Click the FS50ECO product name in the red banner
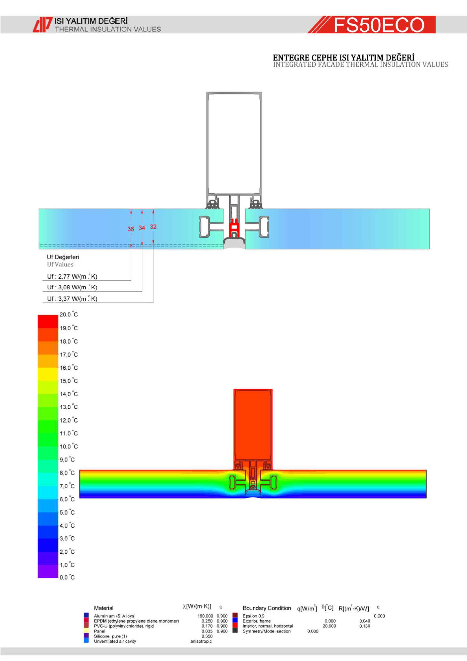[x=379, y=25]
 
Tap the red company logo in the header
[x=43, y=25]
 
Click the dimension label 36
[x=131, y=229]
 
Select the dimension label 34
[x=142, y=228]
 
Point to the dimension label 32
[x=153, y=227]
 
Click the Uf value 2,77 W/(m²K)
[x=72, y=276]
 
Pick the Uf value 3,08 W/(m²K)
[x=72, y=287]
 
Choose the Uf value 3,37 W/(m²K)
[x=72, y=299]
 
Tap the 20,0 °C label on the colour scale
[x=69, y=314]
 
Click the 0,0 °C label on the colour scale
[x=67, y=577]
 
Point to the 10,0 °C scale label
[x=69, y=447]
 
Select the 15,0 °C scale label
[x=69, y=381]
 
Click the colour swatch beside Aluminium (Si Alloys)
[x=86, y=615]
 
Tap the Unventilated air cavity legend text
[x=115, y=641]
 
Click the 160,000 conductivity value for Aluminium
[x=205, y=616]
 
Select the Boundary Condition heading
[x=267, y=608]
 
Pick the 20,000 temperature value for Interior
[x=329, y=626]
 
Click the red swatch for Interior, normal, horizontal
[x=235, y=625]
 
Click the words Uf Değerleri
[x=63, y=257]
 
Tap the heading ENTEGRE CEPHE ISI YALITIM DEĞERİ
[x=344, y=58]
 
